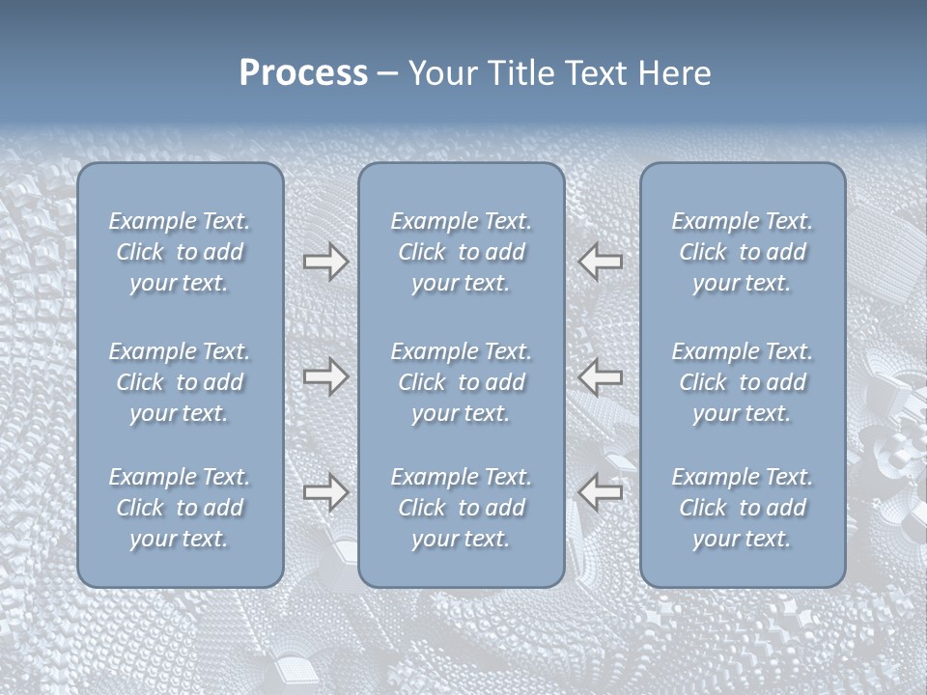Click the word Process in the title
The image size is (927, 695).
click(303, 73)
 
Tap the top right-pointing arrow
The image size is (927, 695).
click(325, 262)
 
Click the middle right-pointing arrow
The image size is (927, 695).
click(325, 376)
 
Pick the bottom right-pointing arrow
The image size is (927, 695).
click(325, 492)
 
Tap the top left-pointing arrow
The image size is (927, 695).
click(600, 262)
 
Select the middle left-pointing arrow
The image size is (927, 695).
click(600, 376)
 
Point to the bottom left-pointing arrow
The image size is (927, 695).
click(600, 492)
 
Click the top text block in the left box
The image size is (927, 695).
click(180, 252)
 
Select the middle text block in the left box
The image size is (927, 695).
click(180, 382)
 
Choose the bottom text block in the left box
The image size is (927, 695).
click(180, 508)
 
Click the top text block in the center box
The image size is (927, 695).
click(461, 252)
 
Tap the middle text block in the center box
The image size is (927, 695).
click(461, 382)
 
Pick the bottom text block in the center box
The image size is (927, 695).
click(461, 508)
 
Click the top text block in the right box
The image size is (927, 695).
click(742, 252)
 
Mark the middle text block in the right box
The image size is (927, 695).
click(742, 382)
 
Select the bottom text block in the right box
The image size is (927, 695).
click(742, 508)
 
